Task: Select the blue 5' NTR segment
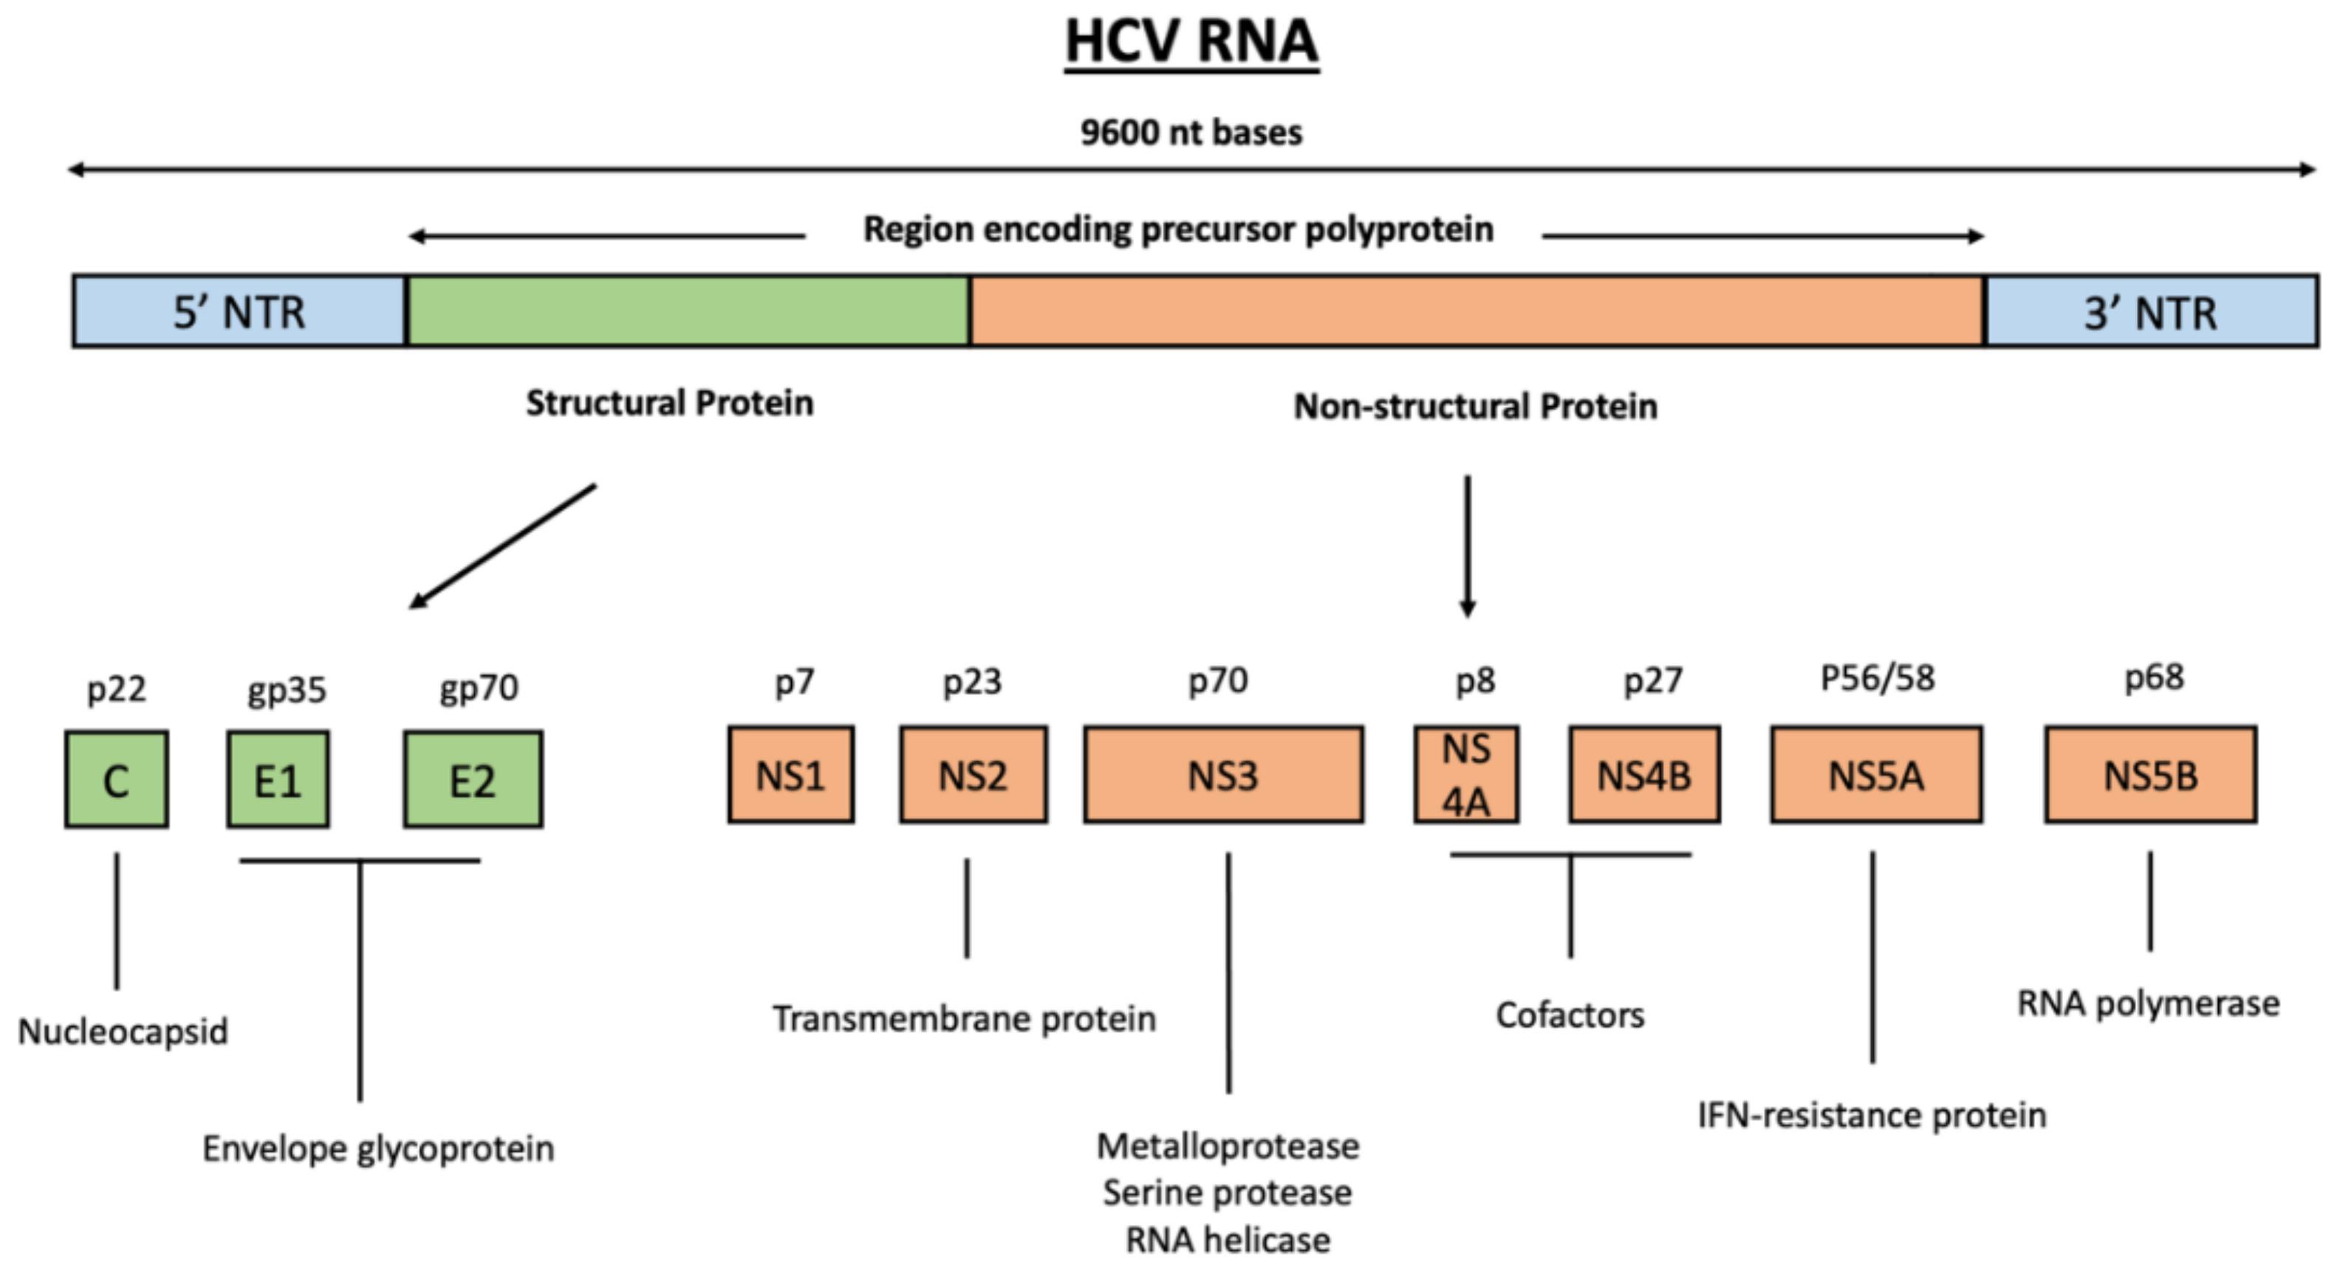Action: [239, 312]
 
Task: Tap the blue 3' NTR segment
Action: [2151, 312]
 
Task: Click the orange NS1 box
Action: [790, 775]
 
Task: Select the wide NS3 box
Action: [1223, 775]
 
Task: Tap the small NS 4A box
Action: [1465, 775]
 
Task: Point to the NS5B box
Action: [2150, 775]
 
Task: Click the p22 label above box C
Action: [117, 689]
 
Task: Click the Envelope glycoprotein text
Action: [377, 1148]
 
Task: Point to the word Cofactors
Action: [1570, 1015]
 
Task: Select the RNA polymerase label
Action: [2148, 1003]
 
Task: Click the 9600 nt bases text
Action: [1191, 133]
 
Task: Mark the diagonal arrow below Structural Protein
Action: [503, 546]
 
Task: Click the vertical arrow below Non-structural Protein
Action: [1467, 546]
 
